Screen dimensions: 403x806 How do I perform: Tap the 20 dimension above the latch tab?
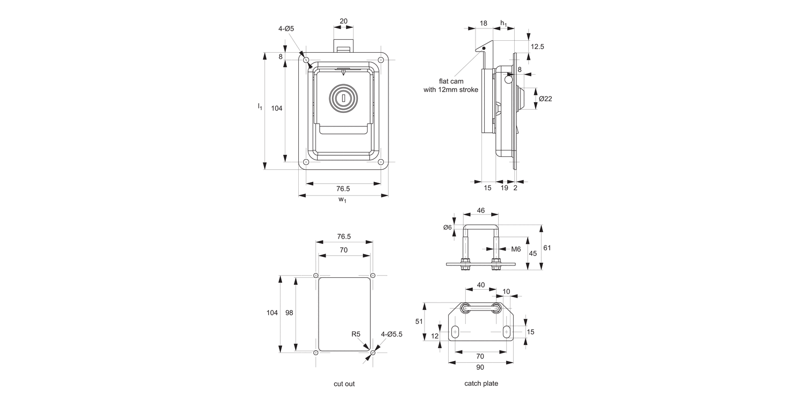click(x=343, y=21)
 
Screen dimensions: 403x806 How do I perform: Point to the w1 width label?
click(x=342, y=200)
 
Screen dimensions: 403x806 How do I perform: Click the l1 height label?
click(x=260, y=106)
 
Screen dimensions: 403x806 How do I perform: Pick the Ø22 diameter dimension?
click(x=545, y=99)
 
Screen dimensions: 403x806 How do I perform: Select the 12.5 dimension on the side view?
click(x=537, y=47)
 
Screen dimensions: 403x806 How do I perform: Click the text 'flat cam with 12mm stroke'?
click(x=451, y=85)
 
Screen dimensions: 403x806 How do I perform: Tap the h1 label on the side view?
click(x=503, y=23)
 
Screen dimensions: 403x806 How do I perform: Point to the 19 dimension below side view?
click(x=505, y=188)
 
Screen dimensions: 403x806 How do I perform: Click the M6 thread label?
click(x=516, y=249)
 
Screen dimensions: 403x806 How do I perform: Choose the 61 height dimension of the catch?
click(x=547, y=248)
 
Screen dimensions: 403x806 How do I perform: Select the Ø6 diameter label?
click(x=448, y=227)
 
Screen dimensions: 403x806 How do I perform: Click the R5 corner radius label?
click(x=355, y=334)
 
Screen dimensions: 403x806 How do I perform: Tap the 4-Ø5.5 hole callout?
click(x=392, y=334)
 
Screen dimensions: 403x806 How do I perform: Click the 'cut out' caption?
click(x=344, y=384)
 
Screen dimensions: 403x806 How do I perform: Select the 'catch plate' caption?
click(x=481, y=383)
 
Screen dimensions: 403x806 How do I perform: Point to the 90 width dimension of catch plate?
click(x=480, y=367)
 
